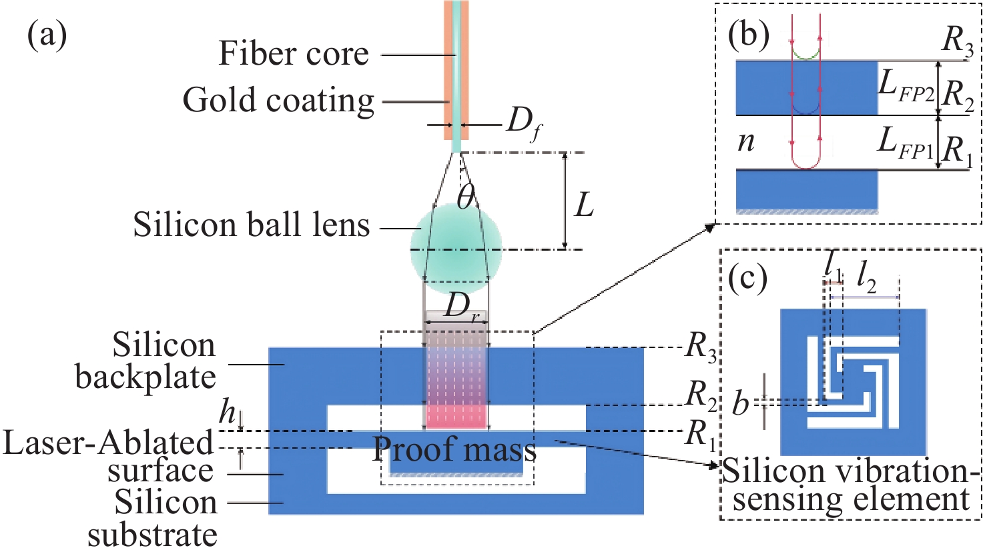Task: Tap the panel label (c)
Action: (x=747, y=278)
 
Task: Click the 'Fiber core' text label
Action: (x=294, y=54)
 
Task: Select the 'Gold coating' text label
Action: (x=278, y=101)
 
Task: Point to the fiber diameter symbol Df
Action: (x=523, y=125)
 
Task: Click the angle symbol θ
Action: (x=466, y=197)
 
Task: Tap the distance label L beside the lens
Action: (x=584, y=206)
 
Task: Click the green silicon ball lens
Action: (x=456, y=248)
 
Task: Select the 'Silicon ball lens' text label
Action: (x=252, y=225)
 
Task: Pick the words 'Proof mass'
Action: (x=454, y=450)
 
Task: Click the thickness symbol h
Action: (x=229, y=414)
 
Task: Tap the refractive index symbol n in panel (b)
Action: (x=746, y=142)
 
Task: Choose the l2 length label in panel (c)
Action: (x=866, y=283)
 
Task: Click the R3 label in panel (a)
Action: (x=701, y=348)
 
